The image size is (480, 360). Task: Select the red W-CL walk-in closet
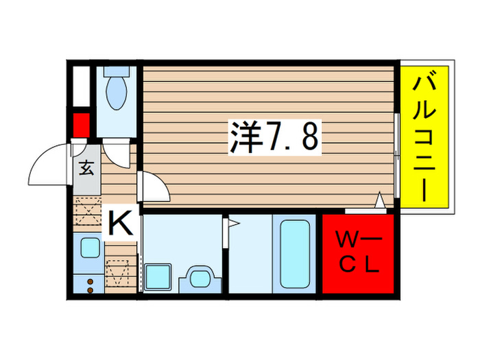tap(356, 253)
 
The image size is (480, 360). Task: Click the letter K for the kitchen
tap(119, 222)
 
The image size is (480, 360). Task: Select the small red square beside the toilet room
tap(82, 125)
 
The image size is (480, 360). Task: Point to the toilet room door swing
tap(117, 154)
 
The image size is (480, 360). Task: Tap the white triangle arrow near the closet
tap(379, 201)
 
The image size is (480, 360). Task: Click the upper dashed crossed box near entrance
tap(87, 210)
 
